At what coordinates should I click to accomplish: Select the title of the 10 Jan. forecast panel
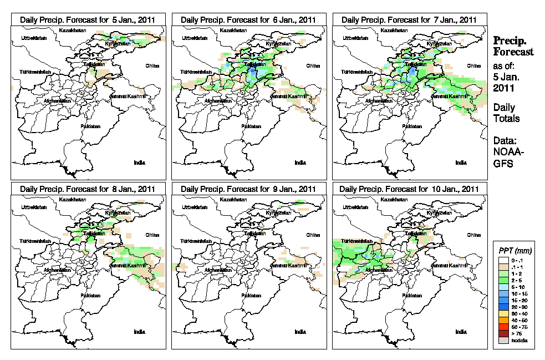coord(409,189)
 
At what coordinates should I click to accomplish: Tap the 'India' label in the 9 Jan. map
coord(300,332)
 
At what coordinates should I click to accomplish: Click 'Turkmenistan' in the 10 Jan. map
coord(356,242)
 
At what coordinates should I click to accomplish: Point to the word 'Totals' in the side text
coord(506,118)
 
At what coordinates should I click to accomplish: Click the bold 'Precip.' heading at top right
coord(510,41)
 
